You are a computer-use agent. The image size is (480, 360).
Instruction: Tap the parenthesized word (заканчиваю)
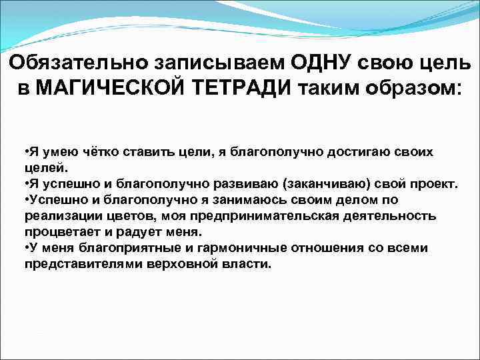pos(331,184)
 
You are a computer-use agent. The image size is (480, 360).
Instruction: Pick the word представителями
pos(80,264)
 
